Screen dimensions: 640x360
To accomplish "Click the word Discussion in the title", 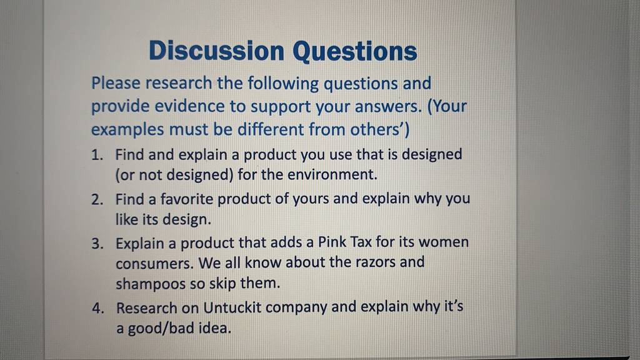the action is (217, 51).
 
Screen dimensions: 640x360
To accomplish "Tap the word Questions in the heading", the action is (355, 52).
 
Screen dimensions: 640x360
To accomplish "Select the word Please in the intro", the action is (116, 83).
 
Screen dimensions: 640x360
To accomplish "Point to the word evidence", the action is (189, 106).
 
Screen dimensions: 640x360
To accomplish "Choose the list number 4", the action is (98, 308).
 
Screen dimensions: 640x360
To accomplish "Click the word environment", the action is (332, 175).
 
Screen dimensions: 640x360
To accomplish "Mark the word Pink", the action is (332, 242).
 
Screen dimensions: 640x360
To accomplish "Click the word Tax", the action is (361, 242).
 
